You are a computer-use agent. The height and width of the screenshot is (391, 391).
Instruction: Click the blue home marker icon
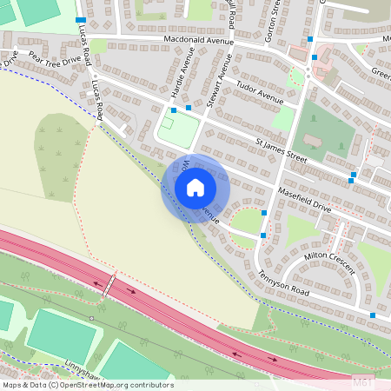coord(195,188)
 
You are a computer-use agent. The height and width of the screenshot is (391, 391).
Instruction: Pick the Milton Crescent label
coord(329,258)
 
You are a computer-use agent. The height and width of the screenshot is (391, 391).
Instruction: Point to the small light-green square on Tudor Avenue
coord(283,117)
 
